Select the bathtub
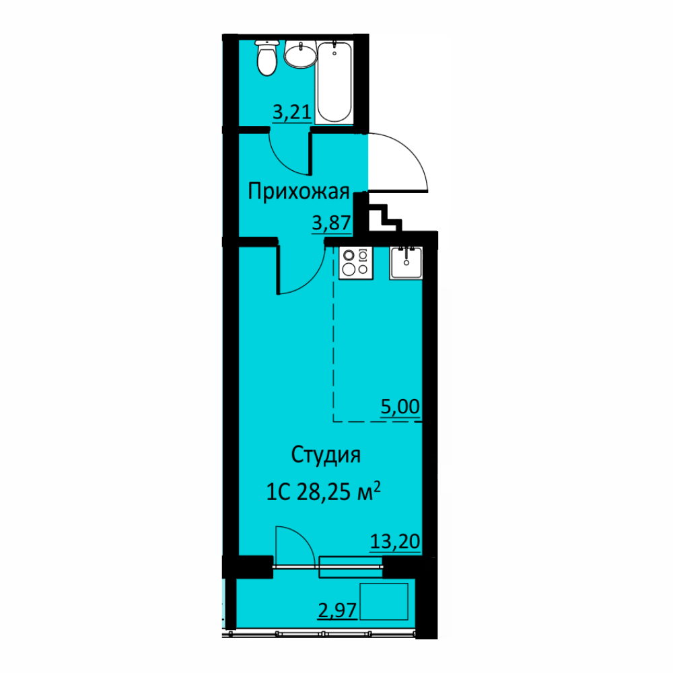coord(334,81)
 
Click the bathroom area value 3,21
coord(292,112)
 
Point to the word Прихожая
coord(299,191)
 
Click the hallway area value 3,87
coord(331,223)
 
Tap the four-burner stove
coord(356,263)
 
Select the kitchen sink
coord(406,262)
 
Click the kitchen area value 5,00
coord(400,406)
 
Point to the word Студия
coord(326,456)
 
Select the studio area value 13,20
coord(395,542)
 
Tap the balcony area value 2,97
coord(337,610)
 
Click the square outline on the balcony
coord(384,601)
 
